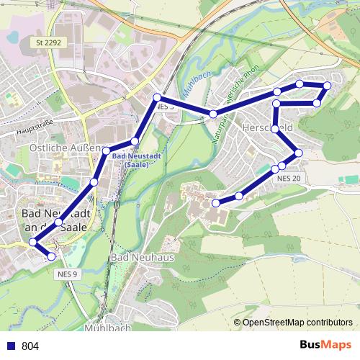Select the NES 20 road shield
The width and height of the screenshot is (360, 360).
(288, 178)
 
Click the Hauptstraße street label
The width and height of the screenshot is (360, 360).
(34, 132)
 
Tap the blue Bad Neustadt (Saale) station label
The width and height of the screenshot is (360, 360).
(131, 161)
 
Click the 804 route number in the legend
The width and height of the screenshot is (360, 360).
(30, 346)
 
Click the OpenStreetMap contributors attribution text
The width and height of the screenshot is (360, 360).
(297, 323)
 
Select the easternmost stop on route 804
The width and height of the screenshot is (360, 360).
(327, 86)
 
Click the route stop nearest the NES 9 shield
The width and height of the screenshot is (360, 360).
(51, 256)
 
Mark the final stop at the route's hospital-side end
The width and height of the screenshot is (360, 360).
(215, 204)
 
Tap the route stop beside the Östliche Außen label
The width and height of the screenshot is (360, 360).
(106, 150)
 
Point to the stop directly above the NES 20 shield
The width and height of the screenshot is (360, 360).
(282, 167)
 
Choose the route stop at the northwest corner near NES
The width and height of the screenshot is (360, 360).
(156, 97)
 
